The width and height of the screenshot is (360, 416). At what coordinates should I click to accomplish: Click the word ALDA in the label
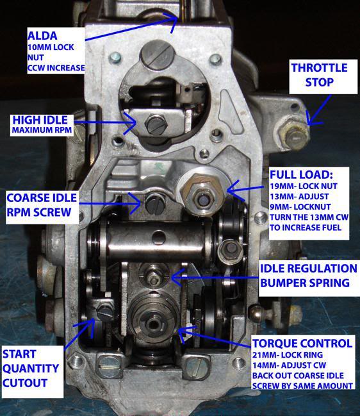42,36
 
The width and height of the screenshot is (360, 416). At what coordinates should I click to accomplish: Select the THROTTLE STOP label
320,75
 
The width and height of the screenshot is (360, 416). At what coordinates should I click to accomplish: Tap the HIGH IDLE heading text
40,120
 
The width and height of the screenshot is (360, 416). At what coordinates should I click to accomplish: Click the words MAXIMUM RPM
42,130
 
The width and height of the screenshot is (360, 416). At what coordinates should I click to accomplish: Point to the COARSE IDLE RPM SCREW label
42,205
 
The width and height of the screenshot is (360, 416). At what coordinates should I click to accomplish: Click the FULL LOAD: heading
301,174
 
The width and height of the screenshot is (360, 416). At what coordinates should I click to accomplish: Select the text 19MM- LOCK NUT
304,186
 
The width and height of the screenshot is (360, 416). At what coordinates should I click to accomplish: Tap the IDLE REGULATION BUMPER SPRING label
309,276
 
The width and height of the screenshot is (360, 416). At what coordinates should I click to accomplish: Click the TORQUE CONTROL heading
302,344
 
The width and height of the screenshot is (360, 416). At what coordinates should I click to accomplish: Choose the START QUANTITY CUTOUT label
31,369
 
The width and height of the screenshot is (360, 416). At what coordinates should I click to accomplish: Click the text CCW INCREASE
56,68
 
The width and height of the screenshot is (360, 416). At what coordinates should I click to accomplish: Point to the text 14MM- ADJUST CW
289,365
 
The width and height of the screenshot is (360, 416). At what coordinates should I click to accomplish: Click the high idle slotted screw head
156,124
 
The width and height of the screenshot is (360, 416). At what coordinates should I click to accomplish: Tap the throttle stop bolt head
294,137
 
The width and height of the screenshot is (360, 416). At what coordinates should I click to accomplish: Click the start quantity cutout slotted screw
105,312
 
